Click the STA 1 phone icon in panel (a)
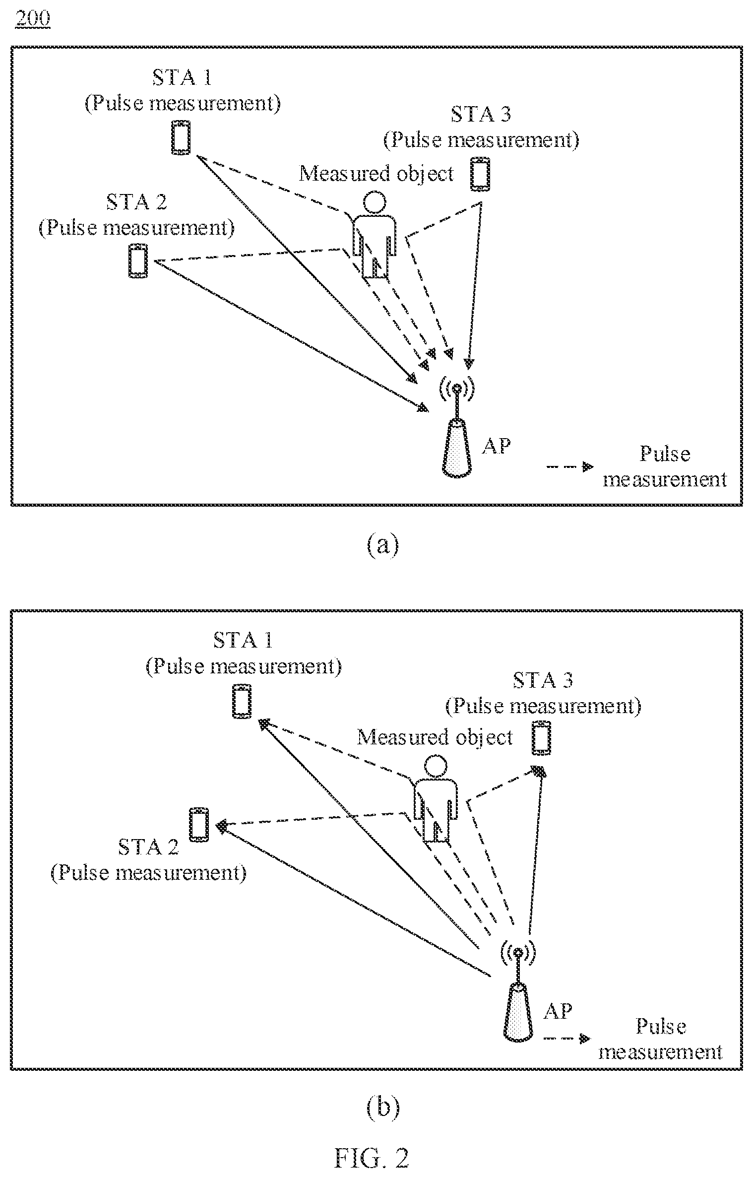[181, 137]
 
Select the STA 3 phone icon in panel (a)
[480, 174]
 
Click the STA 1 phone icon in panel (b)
[242, 701]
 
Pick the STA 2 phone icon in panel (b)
[199, 825]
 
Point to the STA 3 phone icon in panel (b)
[542, 738]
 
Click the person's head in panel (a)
[374, 204]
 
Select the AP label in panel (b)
[558, 1011]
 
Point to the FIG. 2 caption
[372, 1158]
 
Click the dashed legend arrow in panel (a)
[569, 467]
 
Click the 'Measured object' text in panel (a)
[376, 174]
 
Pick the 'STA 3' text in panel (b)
[543, 679]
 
